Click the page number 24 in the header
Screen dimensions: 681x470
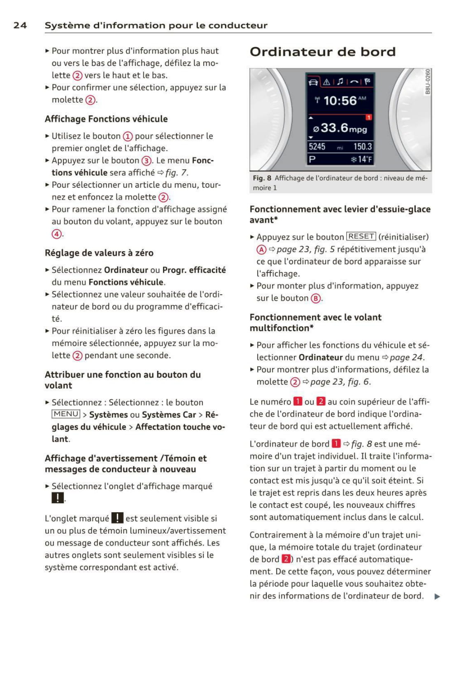tap(20, 25)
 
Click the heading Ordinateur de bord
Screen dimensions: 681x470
tap(322, 52)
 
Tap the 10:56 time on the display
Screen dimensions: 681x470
tap(340, 100)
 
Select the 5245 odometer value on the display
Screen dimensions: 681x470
tap(317, 147)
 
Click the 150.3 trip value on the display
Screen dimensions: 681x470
tap(363, 147)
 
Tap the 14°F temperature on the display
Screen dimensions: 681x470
tap(362, 159)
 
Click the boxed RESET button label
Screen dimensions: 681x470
tap(361, 236)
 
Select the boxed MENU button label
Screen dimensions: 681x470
tap(66, 414)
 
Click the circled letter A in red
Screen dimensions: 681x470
tap(261, 250)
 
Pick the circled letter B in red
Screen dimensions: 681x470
tap(316, 299)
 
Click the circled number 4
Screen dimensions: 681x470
tap(56, 234)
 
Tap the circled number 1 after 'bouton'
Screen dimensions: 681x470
tap(128, 136)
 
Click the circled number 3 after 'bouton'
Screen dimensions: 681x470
tap(146, 161)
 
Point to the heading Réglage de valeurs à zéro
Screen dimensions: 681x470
tap(99, 253)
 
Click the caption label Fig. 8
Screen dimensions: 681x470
tap(262, 178)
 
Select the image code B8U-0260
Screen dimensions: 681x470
tap(428, 82)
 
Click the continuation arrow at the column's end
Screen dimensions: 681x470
tap(437, 596)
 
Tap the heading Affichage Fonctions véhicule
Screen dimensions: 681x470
tap(106, 119)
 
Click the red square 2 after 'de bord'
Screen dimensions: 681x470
tap(286, 559)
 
